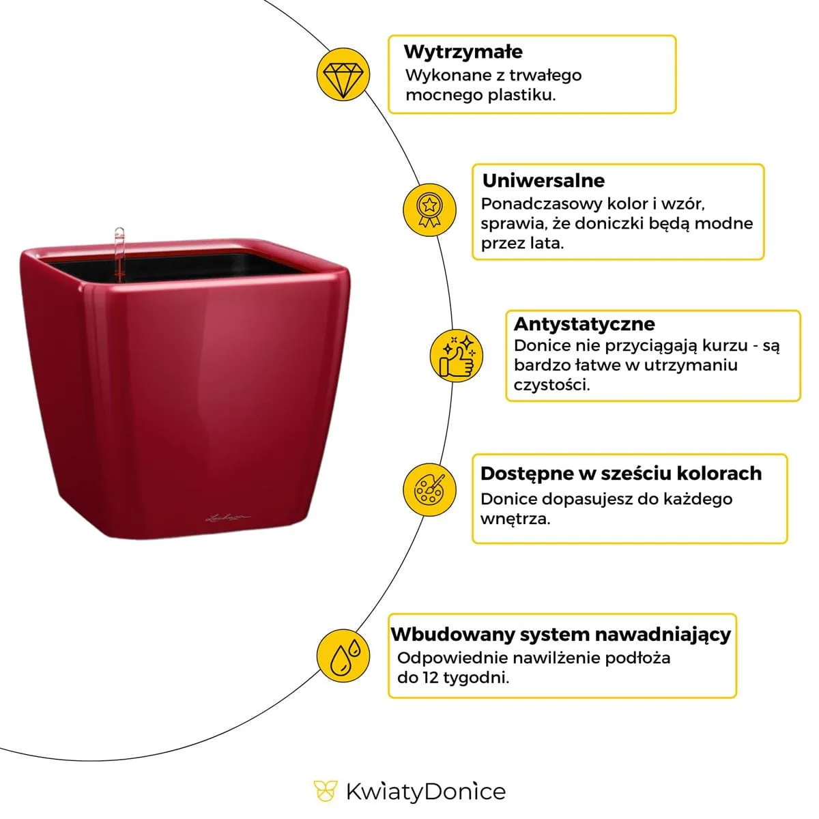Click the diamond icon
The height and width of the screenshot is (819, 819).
(343, 74)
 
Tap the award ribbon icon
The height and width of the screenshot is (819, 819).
(429, 210)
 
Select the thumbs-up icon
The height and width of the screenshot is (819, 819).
(457, 356)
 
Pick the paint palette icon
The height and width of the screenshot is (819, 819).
(429, 489)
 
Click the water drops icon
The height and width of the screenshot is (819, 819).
(343, 655)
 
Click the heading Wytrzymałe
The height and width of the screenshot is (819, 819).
(463, 52)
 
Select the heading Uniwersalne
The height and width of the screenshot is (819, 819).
(543, 180)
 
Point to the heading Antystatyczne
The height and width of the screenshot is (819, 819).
(584, 324)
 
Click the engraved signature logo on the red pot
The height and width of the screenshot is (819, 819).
(228, 517)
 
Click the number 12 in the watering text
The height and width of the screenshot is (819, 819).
(429, 678)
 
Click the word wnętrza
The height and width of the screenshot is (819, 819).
(515, 519)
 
